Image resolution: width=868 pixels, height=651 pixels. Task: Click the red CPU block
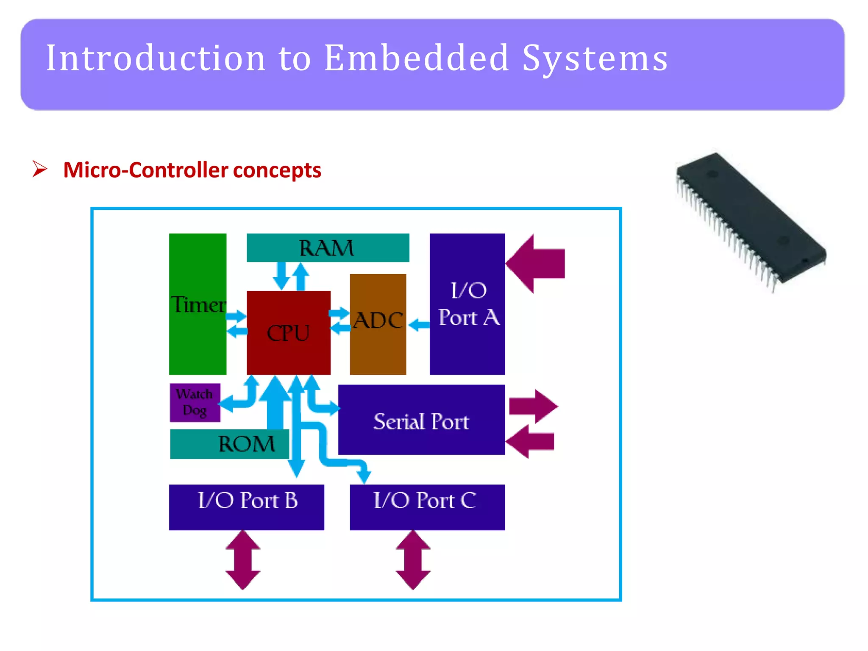pos(288,332)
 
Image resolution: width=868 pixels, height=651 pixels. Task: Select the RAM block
pos(328,248)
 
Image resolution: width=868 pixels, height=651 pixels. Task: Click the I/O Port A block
pos(467,304)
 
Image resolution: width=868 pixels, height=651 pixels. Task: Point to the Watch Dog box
pos(195,402)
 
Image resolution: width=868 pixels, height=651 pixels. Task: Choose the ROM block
pos(229,444)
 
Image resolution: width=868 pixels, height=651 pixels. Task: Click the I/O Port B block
pos(246,507)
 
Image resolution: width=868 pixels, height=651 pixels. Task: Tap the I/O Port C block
pos(427,507)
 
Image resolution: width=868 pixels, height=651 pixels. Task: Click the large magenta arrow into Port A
pos(536,264)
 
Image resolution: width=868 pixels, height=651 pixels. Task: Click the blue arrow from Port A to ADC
pos(419,325)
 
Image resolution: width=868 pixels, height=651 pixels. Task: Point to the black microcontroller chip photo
pos(750,220)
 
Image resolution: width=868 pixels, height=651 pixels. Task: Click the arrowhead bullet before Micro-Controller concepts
pos(39,169)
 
